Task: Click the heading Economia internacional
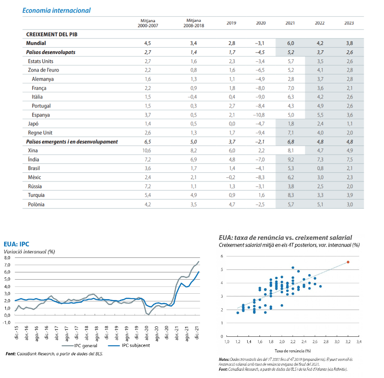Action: click(x=56, y=10)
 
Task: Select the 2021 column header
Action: click(x=290, y=23)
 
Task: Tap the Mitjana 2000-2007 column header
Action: click(x=148, y=23)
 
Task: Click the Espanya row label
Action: click(x=41, y=115)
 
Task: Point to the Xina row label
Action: click(x=33, y=150)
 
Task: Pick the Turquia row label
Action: click(x=36, y=195)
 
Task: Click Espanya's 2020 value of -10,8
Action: click(x=259, y=115)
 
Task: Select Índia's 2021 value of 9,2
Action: click(x=291, y=160)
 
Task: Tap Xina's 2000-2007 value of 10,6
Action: click(x=147, y=150)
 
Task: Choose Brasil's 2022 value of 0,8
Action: click(x=320, y=168)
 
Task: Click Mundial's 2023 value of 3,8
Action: click(x=350, y=43)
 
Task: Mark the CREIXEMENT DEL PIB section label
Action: click(x=52, y=34)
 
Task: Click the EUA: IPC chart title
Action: click(x=16, y=244)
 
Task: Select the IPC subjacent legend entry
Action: click(x=129, y=345)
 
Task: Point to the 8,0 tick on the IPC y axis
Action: click(x=7, y=257)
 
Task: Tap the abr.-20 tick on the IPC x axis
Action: click(x=146, y=333)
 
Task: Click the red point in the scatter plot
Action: click(x=348, y=262)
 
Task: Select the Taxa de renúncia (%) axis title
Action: click(x=293, y=351)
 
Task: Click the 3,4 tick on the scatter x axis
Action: click(x=359, y=341)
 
